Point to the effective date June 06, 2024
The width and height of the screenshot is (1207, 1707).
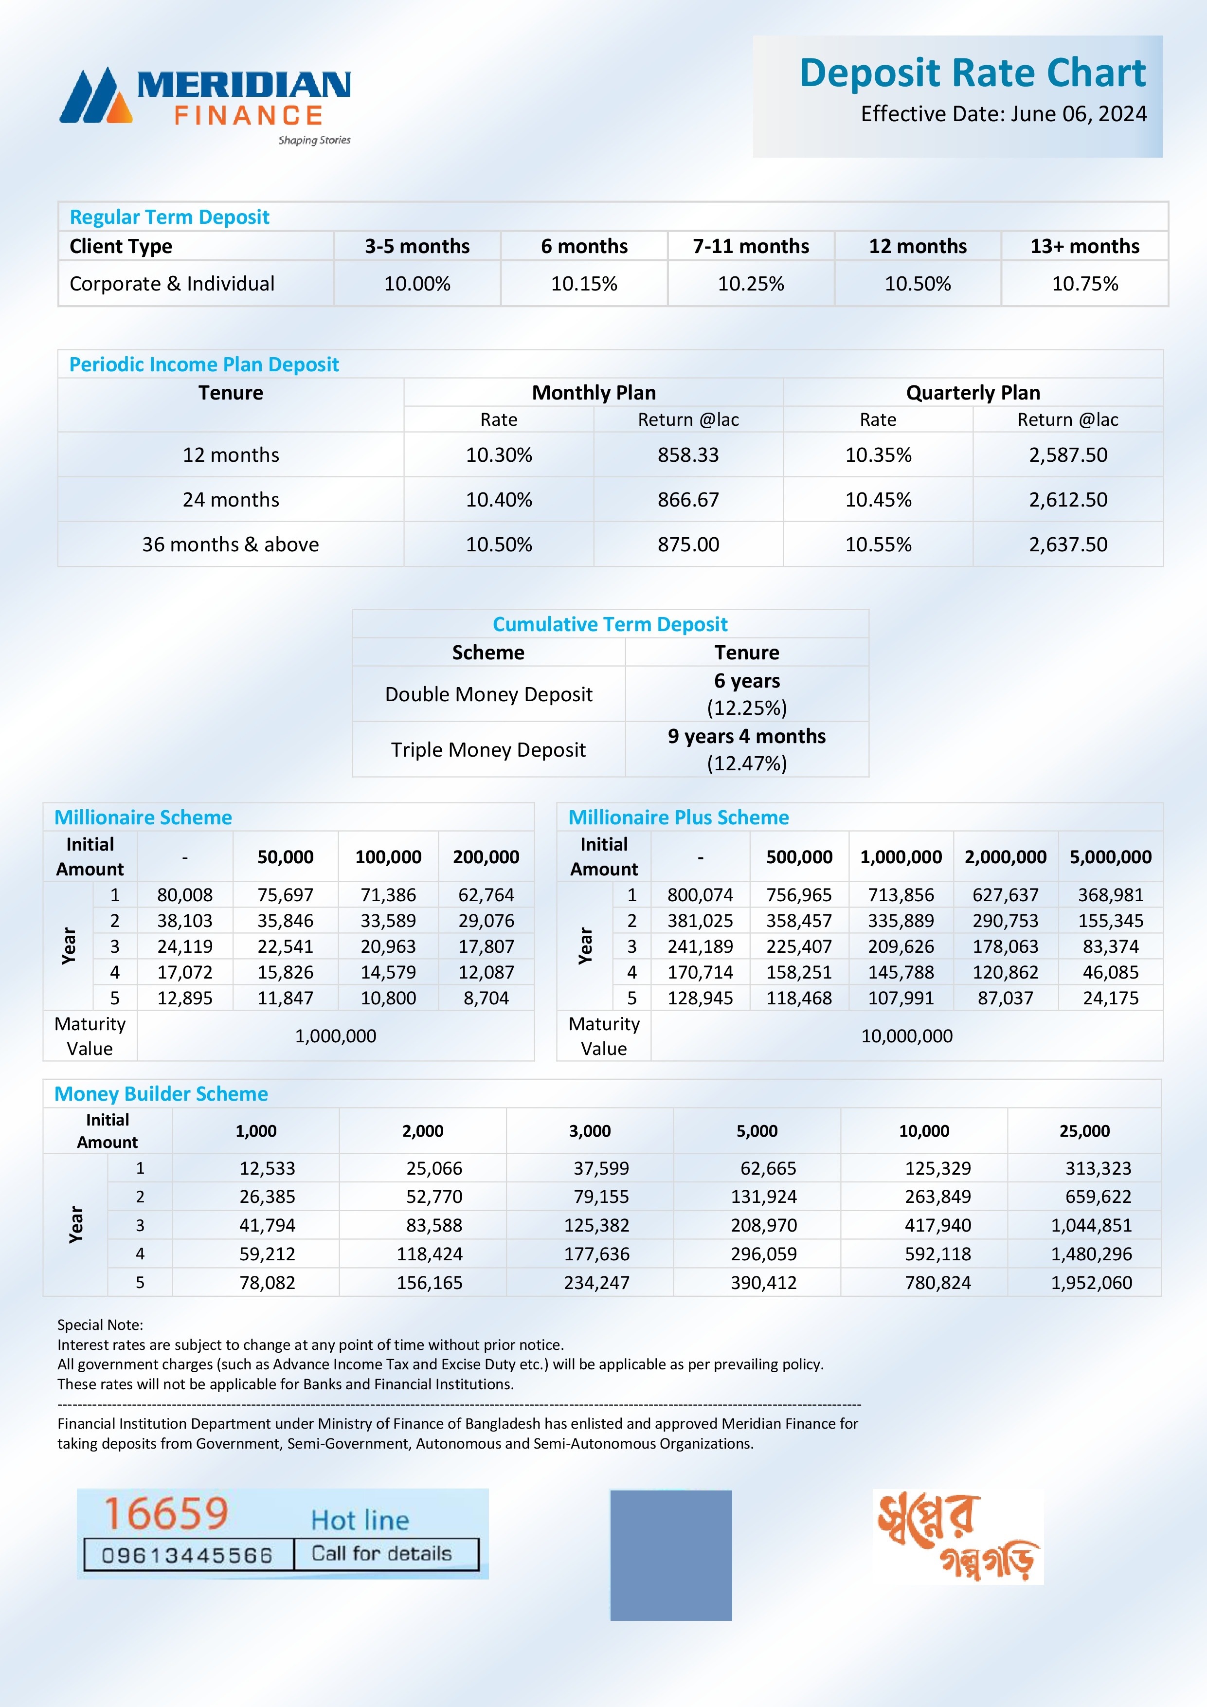[1003, 114]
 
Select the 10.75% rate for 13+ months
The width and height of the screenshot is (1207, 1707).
[1084, 284]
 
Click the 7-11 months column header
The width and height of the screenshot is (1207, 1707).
[751, 246]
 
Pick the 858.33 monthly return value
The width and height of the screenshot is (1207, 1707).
[688, 455]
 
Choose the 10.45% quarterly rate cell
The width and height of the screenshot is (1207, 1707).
[878, 500]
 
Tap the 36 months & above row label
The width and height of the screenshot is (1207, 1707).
[231, 544]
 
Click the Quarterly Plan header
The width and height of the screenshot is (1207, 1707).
[973, 393]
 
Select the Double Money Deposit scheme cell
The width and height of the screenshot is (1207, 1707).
[488, 694]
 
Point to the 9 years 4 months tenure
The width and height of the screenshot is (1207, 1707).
[746, 736]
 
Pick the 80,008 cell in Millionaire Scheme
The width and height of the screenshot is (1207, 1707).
[184, 895]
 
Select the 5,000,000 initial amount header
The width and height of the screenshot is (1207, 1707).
[1110, 857]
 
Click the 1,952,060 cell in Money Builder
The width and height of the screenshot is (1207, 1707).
[1091, 1283]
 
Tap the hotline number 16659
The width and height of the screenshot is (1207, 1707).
[166, 1514]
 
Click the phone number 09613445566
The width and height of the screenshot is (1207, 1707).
[187, 1555]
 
